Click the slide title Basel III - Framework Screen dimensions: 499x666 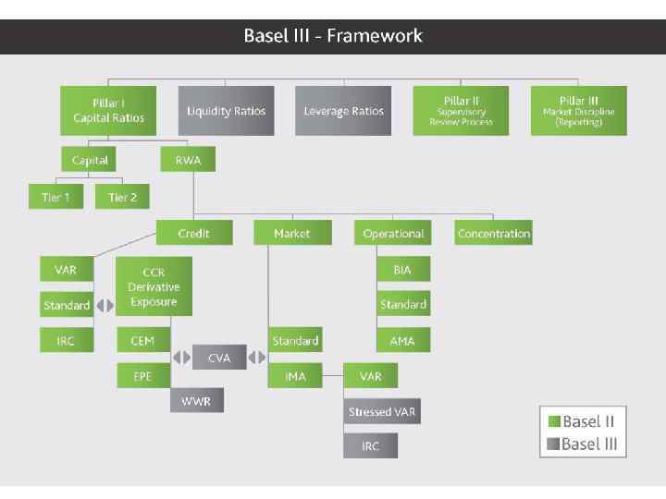click(x=333, y=36)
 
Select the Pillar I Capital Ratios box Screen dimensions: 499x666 click(x=109, y=111)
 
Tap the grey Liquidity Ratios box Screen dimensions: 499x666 click(x=226, y=111)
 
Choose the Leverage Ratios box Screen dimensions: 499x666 click(x=343, y=111)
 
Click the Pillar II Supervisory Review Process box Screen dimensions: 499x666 click(x=461, y=111)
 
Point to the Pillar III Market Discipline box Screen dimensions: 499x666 click(x=578, y=111)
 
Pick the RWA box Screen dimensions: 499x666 click(x=188, y=160)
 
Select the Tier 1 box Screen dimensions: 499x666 click(x=55, y=197)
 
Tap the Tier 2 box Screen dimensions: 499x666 click(x=123, y=197)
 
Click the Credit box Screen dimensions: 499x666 click(x=194, y=234)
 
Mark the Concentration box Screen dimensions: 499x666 click(x=494, y=234)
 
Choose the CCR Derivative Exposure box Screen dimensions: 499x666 click(x=154, y=286)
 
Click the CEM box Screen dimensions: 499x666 click(x=142, y=340)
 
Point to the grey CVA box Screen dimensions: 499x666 click(x=219, y=358)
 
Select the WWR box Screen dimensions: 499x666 click(x=196, y=400)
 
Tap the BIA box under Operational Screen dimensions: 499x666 click(x=402, y=270)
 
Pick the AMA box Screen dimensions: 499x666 click(x=402, y=340)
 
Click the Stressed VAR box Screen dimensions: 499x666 click(x=382, y=411)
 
